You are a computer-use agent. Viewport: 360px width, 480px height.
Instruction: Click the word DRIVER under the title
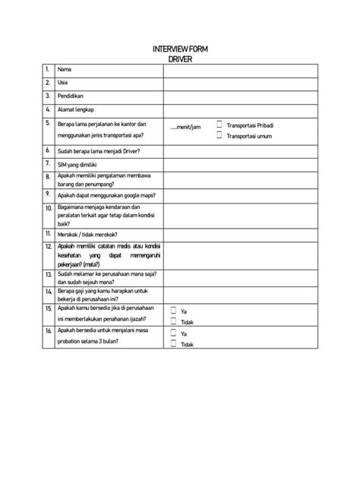point(180,59)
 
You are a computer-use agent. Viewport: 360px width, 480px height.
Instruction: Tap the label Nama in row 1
point(65,70)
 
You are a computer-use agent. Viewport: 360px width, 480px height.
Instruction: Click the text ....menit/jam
point(185,128)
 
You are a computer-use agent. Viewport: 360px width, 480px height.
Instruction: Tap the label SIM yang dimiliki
point(80,163)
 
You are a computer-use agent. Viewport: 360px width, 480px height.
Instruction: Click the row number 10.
point(48,206)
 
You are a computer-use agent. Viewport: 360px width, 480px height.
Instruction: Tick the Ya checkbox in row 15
point(173,311)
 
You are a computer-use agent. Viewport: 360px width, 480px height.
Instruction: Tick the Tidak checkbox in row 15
point(173,321)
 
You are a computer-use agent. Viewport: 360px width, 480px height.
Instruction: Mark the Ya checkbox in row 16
point(173,333)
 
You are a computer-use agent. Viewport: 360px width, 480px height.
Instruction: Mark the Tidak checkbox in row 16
point(173,344)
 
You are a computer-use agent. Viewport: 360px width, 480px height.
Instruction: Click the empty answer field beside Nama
point(238,70)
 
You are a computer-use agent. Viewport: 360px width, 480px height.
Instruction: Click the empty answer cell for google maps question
point(238,194)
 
